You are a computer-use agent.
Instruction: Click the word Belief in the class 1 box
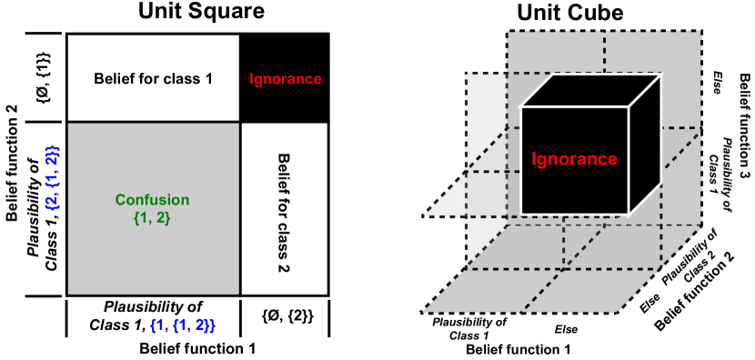click(114, 79)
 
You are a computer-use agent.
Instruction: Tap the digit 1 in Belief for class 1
click(208, 79)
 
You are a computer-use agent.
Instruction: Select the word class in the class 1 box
click(182, 79)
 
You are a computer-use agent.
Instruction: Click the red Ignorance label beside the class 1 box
click(285, 79)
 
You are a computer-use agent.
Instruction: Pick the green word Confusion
click(152, 200)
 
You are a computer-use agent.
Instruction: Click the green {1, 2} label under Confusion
click(152, 218)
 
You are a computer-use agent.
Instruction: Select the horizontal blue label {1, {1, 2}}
click(182, 325)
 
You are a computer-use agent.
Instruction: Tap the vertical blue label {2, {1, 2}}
click(52, 177)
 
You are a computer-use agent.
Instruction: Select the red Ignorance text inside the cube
click(574, 160)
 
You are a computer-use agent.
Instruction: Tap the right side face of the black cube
click(644, 145)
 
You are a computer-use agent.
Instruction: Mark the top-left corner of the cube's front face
click(521, 107)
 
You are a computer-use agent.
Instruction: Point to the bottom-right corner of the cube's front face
click(629, 215)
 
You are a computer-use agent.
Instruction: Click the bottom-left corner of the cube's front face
click(521, 215)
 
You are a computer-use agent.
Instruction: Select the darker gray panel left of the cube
click(487, 145)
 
